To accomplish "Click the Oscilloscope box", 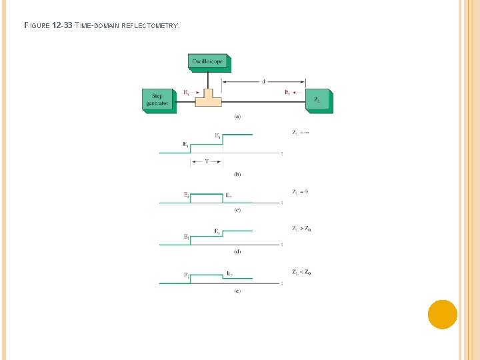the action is point(208,61).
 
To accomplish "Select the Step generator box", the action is point(158,99).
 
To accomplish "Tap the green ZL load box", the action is point(317,100).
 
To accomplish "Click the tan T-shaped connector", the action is point(207,98).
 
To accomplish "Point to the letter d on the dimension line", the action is point(263,81).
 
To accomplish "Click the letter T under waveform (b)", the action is point(206,161).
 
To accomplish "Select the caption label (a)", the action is point(237,117).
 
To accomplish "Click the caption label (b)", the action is point(237,174).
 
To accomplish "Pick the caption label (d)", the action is point(237,251).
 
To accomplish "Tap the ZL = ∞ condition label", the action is point(301,133).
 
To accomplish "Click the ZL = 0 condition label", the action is point(300,191).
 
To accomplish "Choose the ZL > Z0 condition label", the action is point(301,228).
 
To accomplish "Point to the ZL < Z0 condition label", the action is point(301,271).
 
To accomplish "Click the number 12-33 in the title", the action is point(63,26).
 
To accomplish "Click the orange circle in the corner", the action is point(442,314).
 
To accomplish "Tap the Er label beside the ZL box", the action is point(287,93).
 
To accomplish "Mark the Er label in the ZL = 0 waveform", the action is point(228,195).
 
